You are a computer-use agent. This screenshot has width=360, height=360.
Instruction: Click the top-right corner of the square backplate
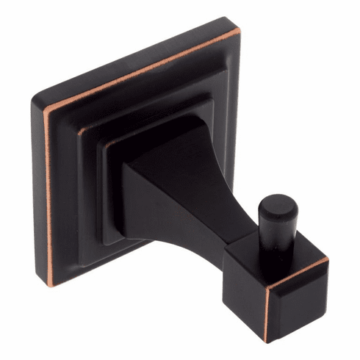(237, 30)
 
